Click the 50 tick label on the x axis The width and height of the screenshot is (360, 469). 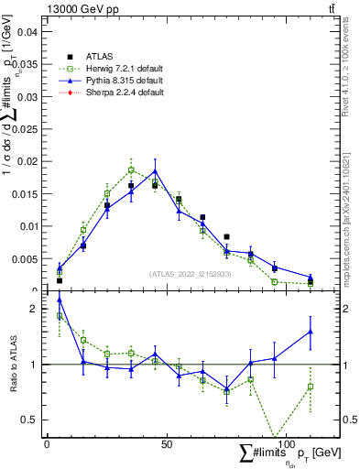point(166,443)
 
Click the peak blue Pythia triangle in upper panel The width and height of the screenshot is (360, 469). point(155,170)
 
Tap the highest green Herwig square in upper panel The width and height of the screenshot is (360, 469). point(131,169)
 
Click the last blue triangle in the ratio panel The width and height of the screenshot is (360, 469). point(311,332)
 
